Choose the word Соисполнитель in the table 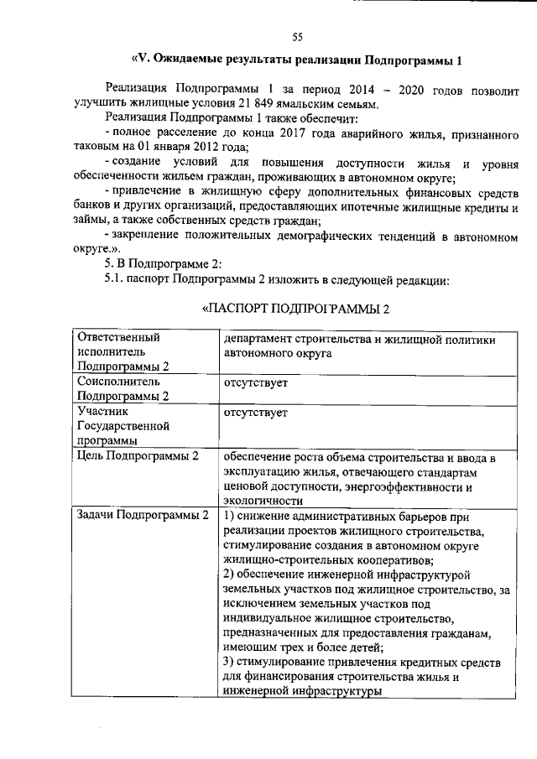tap(118, 382)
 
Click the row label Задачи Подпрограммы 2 tap(142, 515)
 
